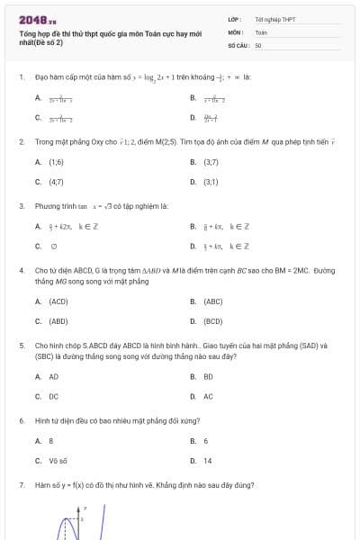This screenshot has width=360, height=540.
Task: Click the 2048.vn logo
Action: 38,19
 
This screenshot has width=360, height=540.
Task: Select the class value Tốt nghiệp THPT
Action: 274,19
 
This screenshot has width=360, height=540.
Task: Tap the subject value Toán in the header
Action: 261,31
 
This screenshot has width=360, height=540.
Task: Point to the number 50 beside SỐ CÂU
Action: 258,44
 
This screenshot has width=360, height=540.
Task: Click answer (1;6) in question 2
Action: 56,162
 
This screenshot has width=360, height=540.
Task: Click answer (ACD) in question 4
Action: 58,301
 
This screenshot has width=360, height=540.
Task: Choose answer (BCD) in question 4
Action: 213,320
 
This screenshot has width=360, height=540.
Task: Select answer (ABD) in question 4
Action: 58,320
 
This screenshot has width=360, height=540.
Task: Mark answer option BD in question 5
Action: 208,377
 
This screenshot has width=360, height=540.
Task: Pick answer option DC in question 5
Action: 53,396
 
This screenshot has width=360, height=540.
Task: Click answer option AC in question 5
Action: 208,396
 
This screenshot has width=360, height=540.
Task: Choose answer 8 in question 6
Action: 51,441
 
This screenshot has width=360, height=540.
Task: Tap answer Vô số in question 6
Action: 58,461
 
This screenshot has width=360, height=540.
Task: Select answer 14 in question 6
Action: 208,461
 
